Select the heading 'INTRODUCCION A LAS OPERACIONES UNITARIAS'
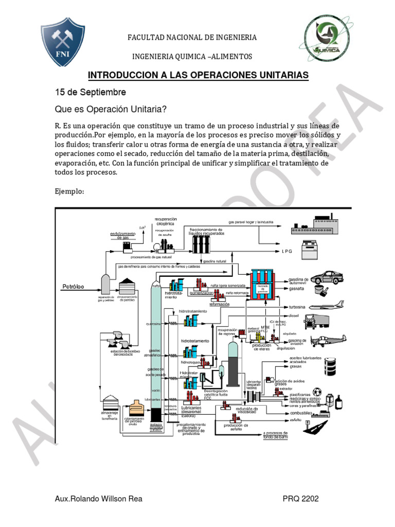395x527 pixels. pos(198,76)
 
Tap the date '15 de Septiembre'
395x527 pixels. pos(90,92)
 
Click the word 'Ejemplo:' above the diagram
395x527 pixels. pos(69,191)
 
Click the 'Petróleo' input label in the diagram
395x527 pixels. pos(74,286)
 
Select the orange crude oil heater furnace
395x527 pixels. pos(136,409)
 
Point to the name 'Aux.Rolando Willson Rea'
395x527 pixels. pos(98,499)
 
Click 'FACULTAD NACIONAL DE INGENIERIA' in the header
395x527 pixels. pos(192,38)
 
